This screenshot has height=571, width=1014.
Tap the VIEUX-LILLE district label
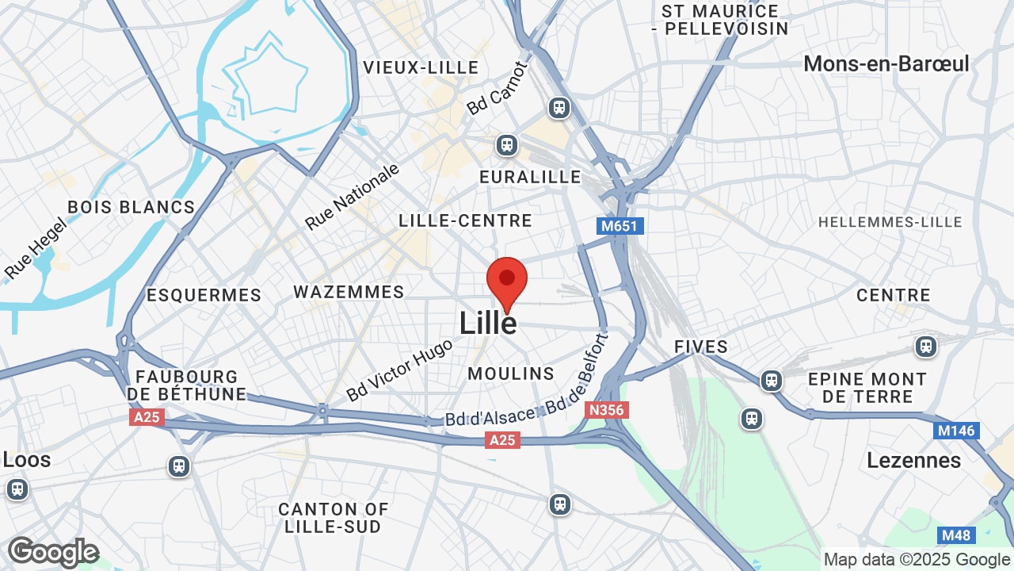click(421, 67)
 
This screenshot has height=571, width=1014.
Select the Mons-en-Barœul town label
click(886, 63)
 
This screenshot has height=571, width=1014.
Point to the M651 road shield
click(619, 226)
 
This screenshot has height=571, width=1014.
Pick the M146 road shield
click(956, 431)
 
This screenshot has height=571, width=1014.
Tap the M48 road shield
click(955, 535)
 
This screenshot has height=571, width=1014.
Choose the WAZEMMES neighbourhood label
click(349, 292)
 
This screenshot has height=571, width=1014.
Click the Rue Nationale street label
click(353, 196)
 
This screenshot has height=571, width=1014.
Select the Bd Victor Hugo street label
click(399, 370)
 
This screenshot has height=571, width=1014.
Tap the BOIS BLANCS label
click(131, 207)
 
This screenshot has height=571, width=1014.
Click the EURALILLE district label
click(530, 177)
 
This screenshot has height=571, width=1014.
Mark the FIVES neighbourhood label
click(701, 347)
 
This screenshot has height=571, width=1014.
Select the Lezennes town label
click(913, 460)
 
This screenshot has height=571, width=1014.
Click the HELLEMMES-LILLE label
click(890, 222)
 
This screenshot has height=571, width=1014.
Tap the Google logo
click(53, 552)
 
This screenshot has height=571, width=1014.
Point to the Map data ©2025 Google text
click(917, 559)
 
